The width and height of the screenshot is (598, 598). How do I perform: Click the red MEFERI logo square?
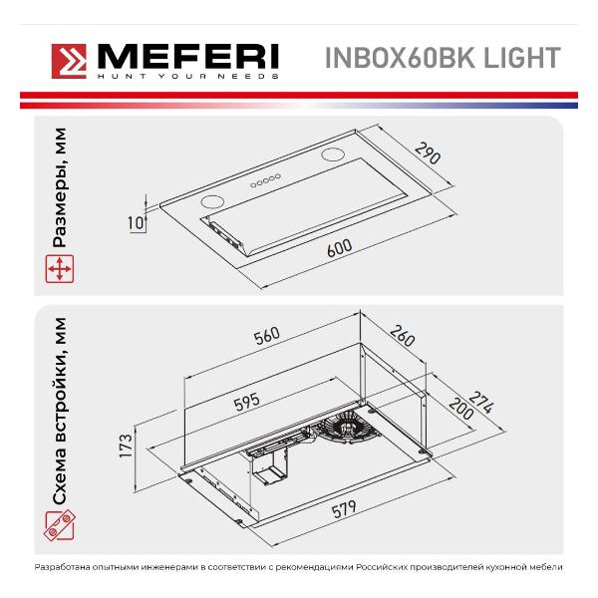pyautogui.click(x=69, y=62)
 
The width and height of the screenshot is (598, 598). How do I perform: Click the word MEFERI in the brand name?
pyautogui.click(x=188, y=57)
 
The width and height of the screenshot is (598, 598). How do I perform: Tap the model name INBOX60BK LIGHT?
pyautogui.click(x=443, y=58)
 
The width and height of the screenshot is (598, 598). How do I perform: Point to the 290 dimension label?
pyautogui.click(x=428, y=153)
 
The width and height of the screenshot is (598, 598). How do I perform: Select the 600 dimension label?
pyautogui.click(x=340, y=248)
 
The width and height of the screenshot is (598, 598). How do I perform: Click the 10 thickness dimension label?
pyautogui.click(x=137, y=222)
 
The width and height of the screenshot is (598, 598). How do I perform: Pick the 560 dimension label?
pyautogui.click(x=267, y=336)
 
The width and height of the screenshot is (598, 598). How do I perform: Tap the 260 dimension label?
pyautogui.click(x=402, y=336)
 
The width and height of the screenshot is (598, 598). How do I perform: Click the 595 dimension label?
pyautogui.click(x=247, y=402)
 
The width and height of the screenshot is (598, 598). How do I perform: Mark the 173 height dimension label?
pyautogui.click(x=126, y=446)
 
